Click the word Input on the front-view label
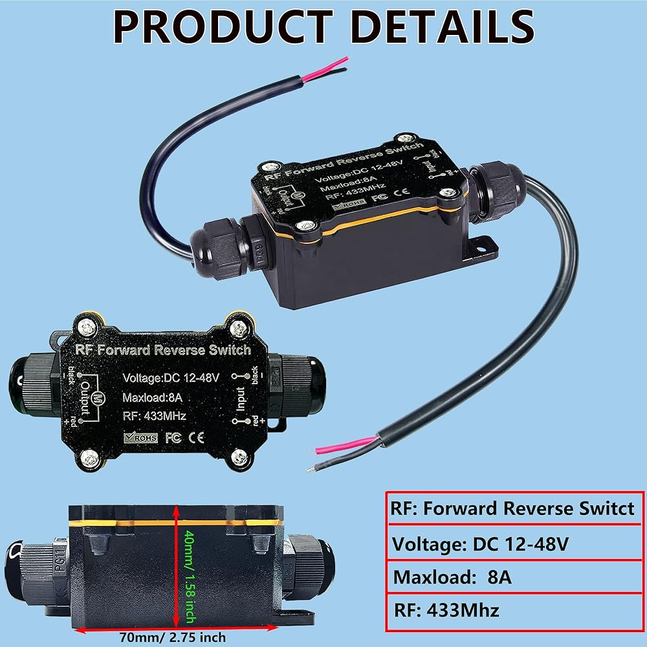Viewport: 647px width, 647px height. [x=240, y=399]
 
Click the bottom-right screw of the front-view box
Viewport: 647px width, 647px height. [x=239, y=457]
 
